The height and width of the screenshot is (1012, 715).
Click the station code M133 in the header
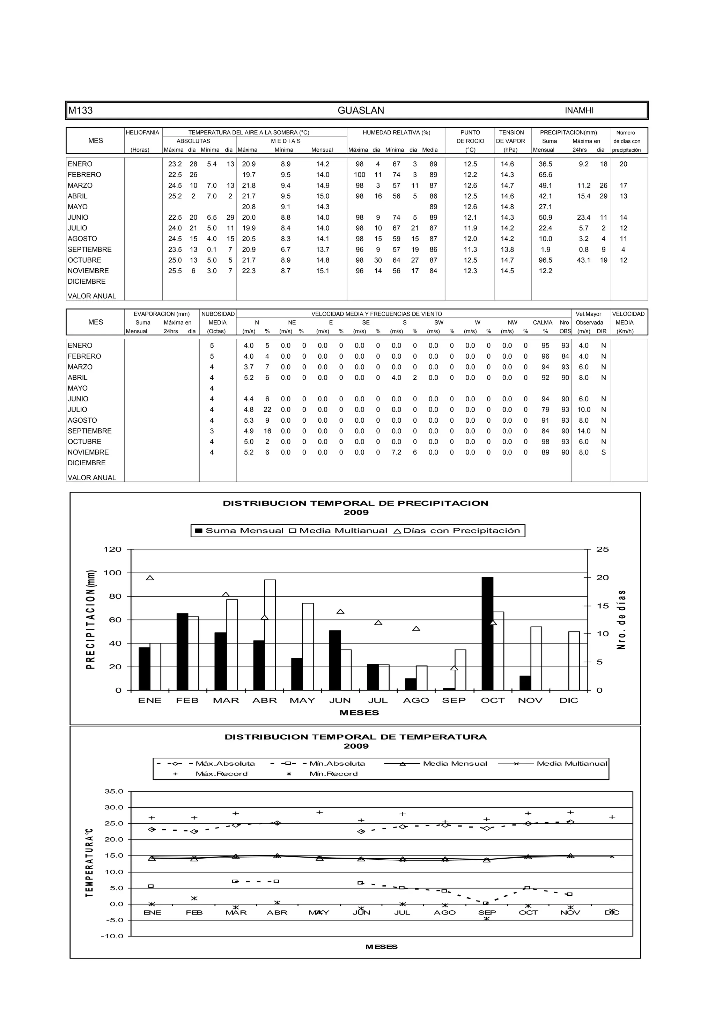(80, 111)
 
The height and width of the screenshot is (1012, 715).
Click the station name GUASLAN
(360, 111)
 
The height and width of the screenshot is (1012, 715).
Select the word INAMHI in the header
(579, 111)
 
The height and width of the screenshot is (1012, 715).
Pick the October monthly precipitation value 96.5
(545, 260)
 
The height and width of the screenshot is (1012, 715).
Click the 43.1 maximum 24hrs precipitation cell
(583, 260)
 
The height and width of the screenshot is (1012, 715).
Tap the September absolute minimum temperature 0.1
(212, 249)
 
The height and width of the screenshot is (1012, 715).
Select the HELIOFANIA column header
(142, 132)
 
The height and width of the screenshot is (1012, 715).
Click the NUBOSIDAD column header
(218, 314)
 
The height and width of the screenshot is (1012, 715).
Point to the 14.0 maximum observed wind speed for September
(583, 431)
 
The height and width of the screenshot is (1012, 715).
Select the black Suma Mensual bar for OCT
(487, 633)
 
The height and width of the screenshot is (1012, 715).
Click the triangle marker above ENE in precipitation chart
(150, 578)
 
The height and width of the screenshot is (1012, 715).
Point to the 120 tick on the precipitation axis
(112, 549)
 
